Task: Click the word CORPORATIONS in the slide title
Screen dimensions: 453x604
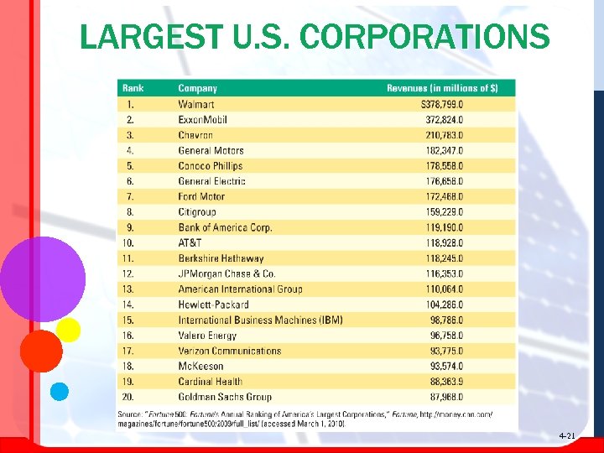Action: (424, 38)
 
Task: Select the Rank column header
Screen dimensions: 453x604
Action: (133, 88)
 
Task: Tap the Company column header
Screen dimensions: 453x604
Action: (197, 88)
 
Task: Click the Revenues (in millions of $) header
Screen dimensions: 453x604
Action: (441, 88)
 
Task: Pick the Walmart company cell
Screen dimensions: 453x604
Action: (196, 104)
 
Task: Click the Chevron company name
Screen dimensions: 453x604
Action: (195, 135)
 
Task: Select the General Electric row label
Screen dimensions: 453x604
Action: (211, 181)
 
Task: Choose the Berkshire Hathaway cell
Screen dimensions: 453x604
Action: (221, 258)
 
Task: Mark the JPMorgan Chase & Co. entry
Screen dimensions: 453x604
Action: (226, 273)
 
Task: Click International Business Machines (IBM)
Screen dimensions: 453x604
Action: (260, 320)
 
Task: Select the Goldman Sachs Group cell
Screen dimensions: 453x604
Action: (225, 397)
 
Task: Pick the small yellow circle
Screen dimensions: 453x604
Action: (68, 330)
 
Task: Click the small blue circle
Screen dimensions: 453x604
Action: (59, 390)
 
